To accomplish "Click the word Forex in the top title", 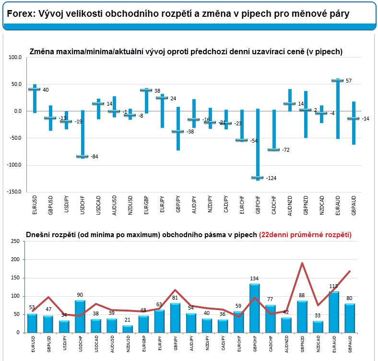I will [20, 14].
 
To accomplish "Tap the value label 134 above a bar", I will [254, 279].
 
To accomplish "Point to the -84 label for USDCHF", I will [94, 156].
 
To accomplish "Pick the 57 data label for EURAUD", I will [349, 81].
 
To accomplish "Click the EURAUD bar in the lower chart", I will [333, 312].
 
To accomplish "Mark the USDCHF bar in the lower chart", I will [80, 316].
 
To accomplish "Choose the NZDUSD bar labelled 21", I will [128, 329].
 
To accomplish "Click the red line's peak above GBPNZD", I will [302, 263].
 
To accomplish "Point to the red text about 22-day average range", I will [305, 235].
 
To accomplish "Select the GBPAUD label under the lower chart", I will [350, 345].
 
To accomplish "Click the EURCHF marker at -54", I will [241, 140].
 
